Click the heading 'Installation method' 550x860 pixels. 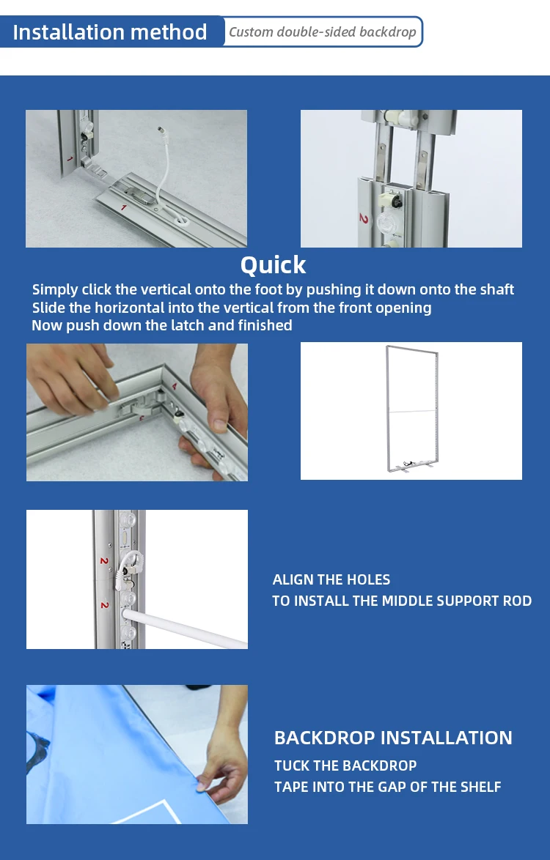pyautogui.click(x=110, y=32)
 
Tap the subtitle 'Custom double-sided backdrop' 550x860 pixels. pyautogui.click(x=322, y=32)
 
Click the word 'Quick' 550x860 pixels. pyautogui.click(x=273, y=264)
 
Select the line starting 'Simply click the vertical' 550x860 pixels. pyautogui.click(x=273, y=289)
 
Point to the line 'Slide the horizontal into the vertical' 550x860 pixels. pyautogui.click(x=232, y=308)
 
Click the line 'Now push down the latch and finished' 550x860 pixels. pyautogui.click(x=162, y=325)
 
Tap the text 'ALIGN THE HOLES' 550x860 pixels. pyautogui.click(x=331, y=579)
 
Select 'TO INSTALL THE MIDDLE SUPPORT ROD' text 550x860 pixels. pyautogui.click(x=402, y=601)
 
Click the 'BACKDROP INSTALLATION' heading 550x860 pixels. pyautogui.click(x=393, y=738)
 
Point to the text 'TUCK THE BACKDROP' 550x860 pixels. pyautogui.click(x=345, y=766)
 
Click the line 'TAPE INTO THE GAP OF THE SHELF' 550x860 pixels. pyautogui.click(x=388, y=787)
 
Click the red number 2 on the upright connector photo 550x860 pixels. pyautogui.click(x=363, y=218)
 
